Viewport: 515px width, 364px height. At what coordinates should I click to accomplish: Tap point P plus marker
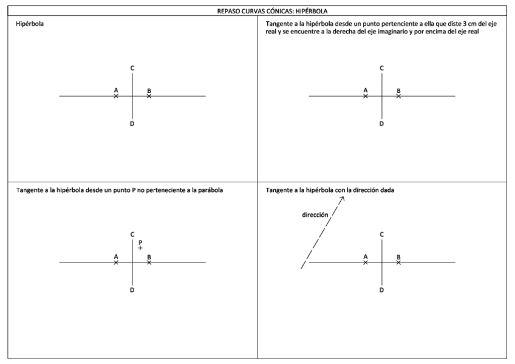pyautogui.click(x=140, y=248)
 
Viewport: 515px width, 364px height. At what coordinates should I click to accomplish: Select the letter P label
pyautogui.click(x=140, y=241)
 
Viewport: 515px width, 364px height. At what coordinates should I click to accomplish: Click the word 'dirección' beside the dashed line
pyautogui.click(x=315, y=215)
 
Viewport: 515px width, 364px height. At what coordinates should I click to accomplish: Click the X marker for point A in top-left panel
pyautogui.click(x=116, y=96)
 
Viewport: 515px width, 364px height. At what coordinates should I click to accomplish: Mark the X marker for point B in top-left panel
pyautogui.click(x=149, y=96)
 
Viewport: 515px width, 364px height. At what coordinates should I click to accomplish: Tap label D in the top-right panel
pyautogui.click(x=381, y=124)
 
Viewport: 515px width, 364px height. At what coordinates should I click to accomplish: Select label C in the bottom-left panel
pyautogui.click(x=132, y=234)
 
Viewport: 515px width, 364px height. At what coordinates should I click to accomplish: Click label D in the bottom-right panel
pyautogui.click(x=381, y=290)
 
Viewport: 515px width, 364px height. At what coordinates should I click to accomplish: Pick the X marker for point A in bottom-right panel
pyautogui.click(x=366, y=263)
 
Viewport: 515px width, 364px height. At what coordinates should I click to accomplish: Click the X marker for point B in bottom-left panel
pyautogui.click(x=149, y=263)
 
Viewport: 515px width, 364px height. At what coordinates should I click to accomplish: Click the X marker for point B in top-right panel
pyautogui.click(x=398, y=96)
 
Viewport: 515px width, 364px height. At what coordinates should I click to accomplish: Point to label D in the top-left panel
pyautogui.click(x=132, y=124)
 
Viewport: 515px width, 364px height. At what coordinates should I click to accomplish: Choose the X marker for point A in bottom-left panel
pyautogui.click(x=116, y=263)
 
